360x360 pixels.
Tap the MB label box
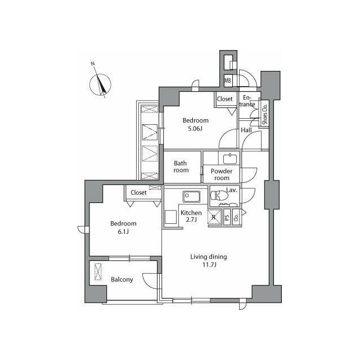pos(228,80)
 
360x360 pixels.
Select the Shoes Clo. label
pos(265,114)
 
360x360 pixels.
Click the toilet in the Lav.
pos(219,195)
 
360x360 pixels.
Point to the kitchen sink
pos(191,196)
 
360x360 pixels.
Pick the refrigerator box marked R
pos(214,217)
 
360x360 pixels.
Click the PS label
pos(227,218)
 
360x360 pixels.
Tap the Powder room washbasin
pos(230,159)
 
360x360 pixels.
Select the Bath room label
pos(181,166)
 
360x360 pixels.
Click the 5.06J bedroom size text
pos(195,129)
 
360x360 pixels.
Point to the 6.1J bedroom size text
pos(123,232)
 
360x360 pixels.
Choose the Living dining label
pos(209,256)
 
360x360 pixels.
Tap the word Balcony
pos(121,280)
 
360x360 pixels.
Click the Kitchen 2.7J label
pos(191,216)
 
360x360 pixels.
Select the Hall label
pos(246,130)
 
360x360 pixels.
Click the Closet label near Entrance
pos(224,99)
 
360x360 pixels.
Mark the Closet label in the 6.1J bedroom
pos(138,192)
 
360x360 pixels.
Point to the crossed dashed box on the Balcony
pos(98,272)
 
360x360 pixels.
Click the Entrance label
pos(247,101)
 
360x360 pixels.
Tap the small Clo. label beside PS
pos(236,217)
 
